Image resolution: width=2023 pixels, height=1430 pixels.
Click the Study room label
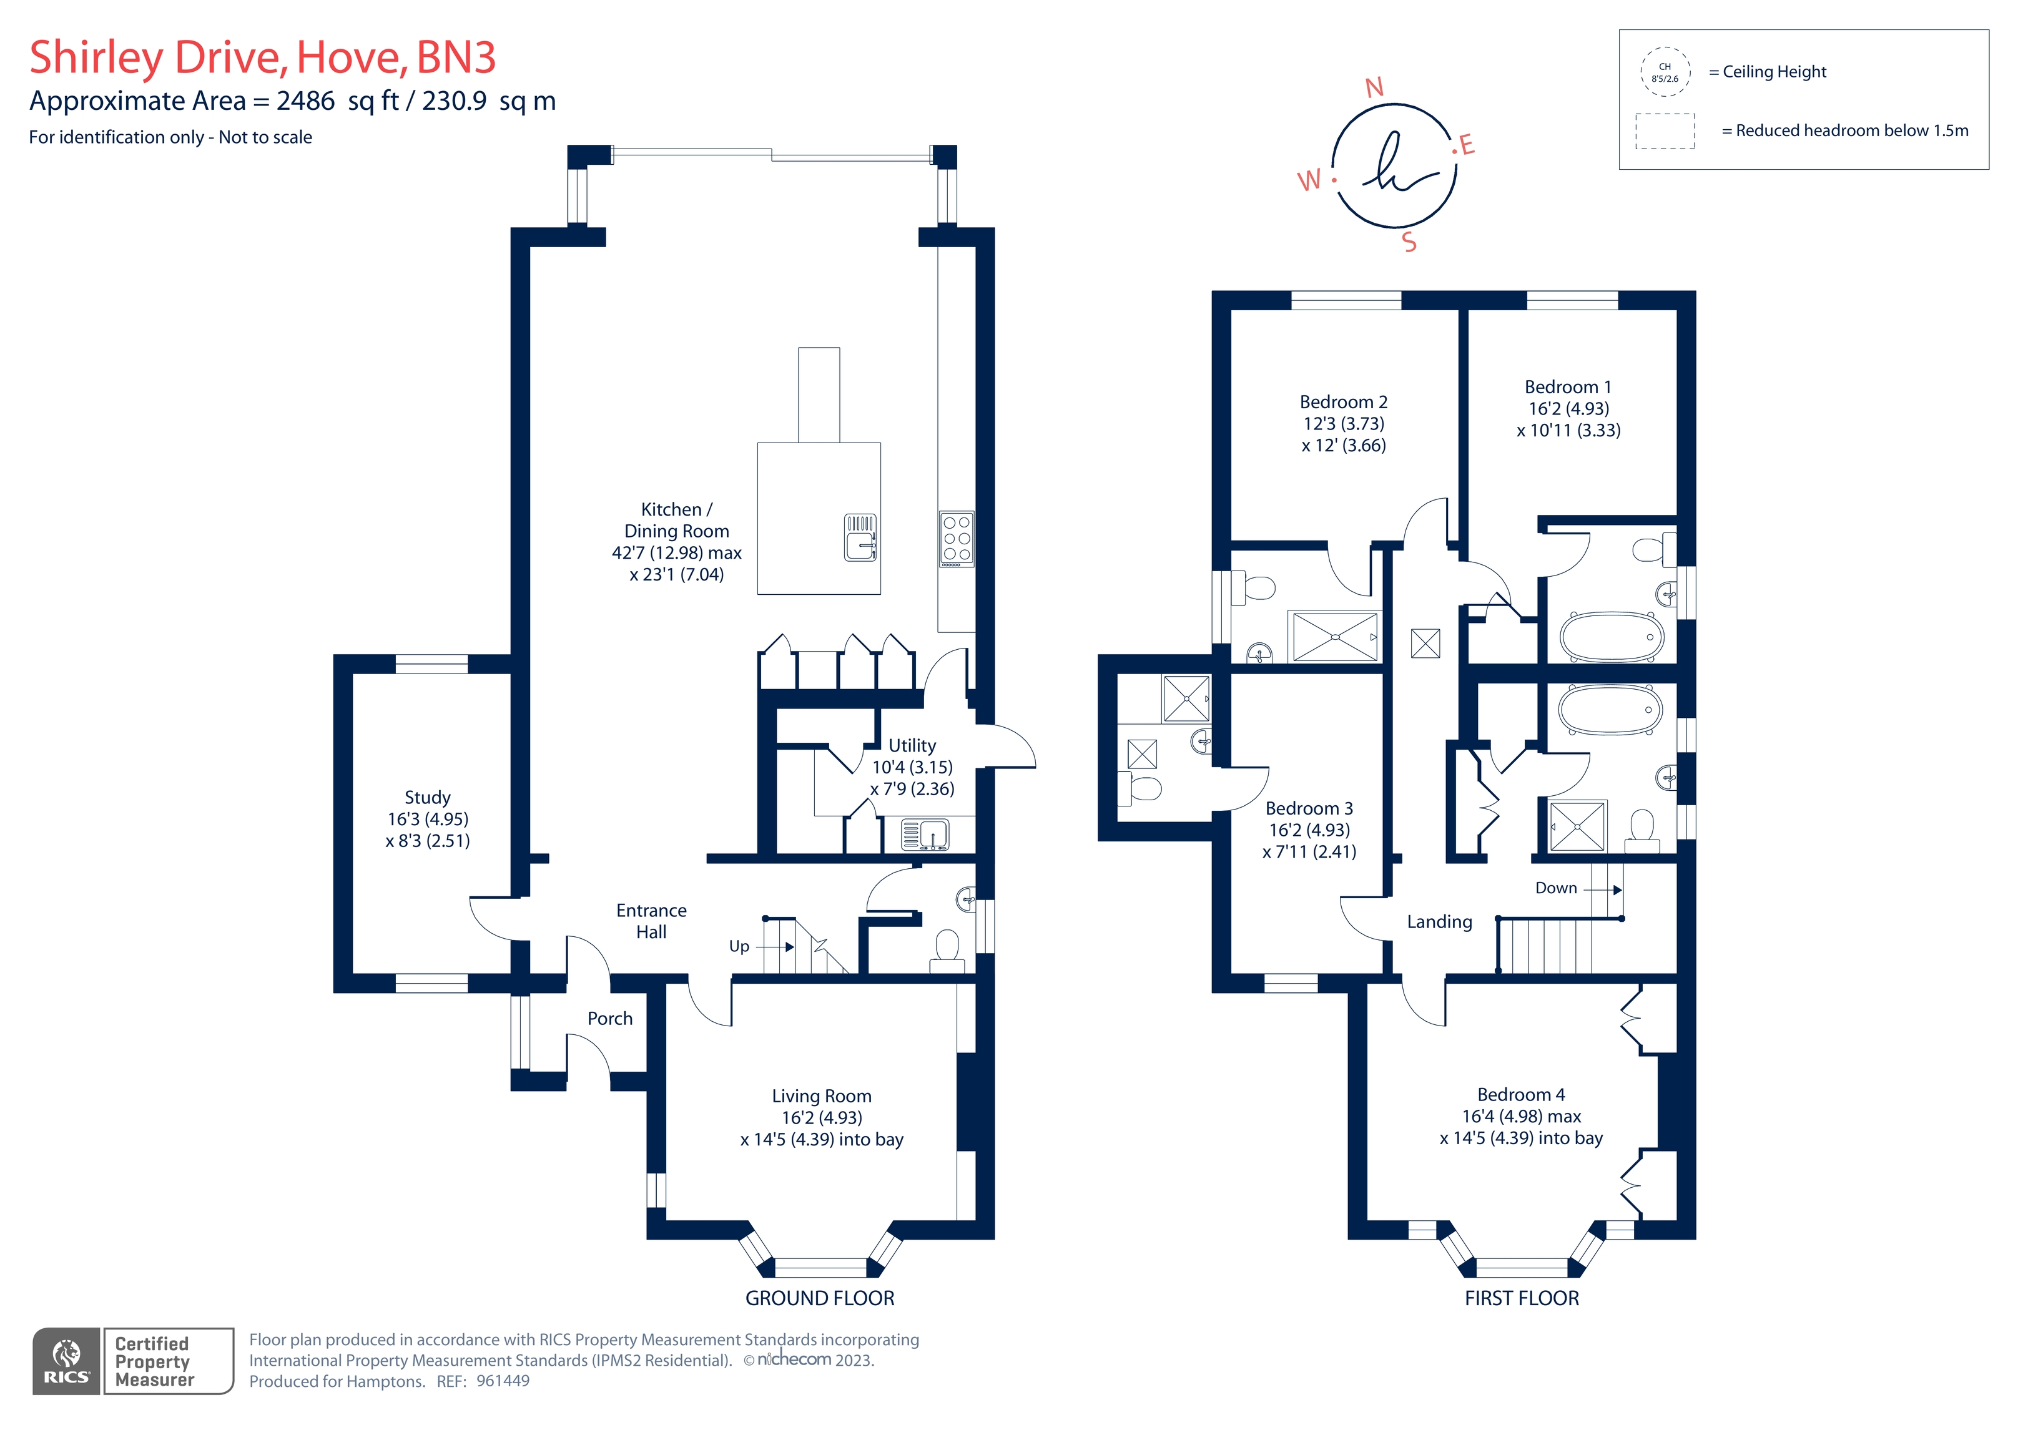coord(427,797)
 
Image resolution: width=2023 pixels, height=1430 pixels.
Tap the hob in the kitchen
coord(956,538)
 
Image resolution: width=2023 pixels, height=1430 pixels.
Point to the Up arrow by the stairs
coord(776,947)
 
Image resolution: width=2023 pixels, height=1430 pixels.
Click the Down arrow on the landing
coord(1603,890)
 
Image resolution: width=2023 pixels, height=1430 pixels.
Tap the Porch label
coord(610,1019)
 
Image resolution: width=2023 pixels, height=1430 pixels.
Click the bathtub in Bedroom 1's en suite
coord(1612,636)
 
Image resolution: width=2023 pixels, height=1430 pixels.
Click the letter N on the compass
coord(1374,88)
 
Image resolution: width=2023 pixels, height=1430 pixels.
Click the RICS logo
coord(67,1361)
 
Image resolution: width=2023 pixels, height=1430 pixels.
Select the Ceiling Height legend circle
coord(1665,71)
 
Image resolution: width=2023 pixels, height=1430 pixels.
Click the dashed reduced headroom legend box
coord(1665,131)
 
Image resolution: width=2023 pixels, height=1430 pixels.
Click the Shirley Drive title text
coord(263,57)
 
